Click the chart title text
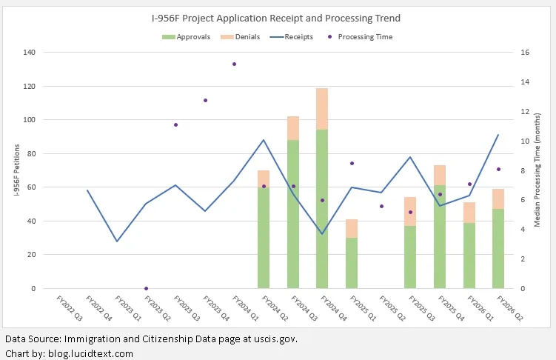276,18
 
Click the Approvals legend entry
186,37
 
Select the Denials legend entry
240,37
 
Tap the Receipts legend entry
292,37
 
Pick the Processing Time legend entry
360,37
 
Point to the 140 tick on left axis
29,53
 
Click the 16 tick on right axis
525,53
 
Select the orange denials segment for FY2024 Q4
322,109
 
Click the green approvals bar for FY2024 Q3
293,214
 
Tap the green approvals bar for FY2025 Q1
352,263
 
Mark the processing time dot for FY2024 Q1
235,64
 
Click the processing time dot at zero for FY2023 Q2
146,288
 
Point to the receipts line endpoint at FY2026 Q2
498,135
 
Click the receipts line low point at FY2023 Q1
117,241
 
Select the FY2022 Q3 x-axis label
70,308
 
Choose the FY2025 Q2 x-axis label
392,308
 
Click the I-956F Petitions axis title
17,170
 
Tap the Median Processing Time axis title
537,170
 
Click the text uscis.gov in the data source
275,339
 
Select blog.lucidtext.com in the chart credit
91,353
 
